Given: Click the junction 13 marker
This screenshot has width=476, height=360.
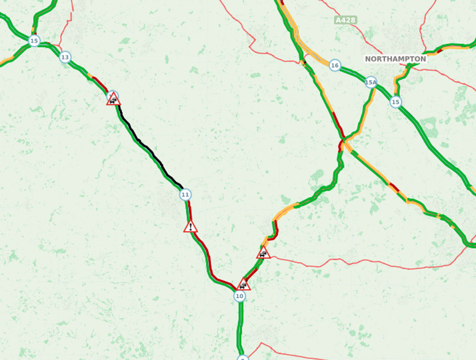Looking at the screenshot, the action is [x=65, y=57].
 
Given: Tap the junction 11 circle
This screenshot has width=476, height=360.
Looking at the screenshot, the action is [x=185, y=195].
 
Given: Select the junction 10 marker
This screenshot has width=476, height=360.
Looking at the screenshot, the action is [x=239, y=296].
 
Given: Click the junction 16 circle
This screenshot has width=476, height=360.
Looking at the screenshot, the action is [x=334, y=66].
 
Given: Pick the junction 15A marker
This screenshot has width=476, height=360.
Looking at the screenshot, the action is [x=371, y=83].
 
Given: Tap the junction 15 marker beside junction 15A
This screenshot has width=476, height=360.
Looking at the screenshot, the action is [x=396, y=102].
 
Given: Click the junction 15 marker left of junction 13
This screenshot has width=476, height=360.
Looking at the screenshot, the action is [x=34, y=41].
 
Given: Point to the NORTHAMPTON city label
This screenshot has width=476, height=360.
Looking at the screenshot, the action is [x=395, y=59].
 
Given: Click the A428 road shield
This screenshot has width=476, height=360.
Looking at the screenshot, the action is [x=345, y=20].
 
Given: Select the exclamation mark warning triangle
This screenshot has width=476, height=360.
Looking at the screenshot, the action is [x=190, y=226].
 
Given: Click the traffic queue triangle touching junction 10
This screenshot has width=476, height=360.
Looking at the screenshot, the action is [x=243, y=285].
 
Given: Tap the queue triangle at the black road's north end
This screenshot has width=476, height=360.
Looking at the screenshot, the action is [x=113, y=100].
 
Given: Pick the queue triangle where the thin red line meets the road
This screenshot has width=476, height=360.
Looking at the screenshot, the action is [x=263, y=253].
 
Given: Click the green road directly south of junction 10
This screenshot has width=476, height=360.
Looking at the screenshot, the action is [x=239, y=326].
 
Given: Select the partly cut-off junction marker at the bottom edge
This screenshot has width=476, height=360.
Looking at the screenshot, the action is [x=243, y=358].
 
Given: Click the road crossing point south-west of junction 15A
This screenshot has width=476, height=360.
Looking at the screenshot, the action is [x=342, y=143].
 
